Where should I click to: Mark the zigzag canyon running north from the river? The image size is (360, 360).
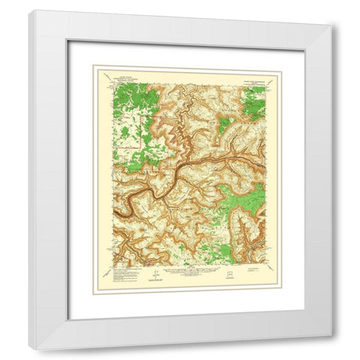click(180, 120)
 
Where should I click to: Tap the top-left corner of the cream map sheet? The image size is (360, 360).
click(92, 64)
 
